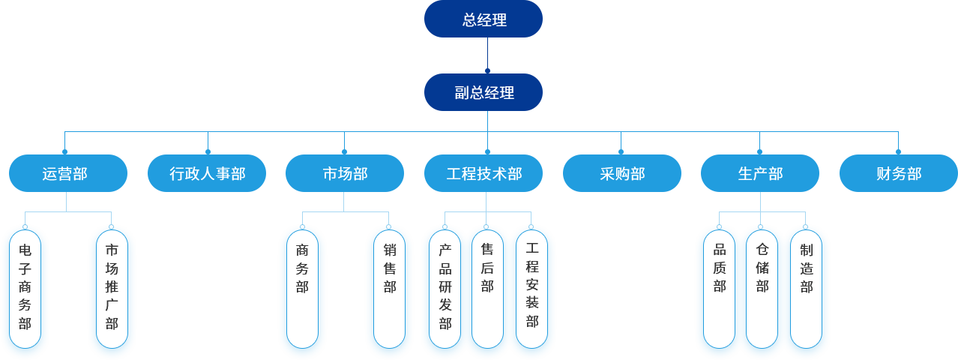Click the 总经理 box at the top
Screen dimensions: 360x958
pos(483,19)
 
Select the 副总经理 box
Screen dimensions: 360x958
pos(483,92)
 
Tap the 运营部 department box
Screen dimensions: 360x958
pos(65,173)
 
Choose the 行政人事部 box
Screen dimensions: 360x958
pos(207,173)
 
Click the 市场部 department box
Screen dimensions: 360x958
pos(345,173)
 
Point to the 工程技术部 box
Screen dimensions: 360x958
pos(483,173)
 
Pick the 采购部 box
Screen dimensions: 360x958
pos(621,173)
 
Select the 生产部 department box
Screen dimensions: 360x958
pos(759,173)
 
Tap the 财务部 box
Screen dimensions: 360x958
pos(898,173)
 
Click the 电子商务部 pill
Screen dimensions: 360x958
pos(25,289)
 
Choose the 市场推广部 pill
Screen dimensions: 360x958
pos(112,289)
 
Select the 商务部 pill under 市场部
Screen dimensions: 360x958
pos(302,289)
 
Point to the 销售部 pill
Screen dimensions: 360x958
pos(389,289)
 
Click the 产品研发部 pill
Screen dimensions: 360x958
pos(445,289)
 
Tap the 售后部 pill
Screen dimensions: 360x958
pos(487,289)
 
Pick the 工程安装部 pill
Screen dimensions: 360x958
pos(531,289)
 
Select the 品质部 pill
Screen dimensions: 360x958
pos(719,289)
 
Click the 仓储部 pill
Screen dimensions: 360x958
pos(762,289)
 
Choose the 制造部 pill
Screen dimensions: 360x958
pos(806,289)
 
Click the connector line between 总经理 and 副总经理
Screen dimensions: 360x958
pos(487,54)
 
